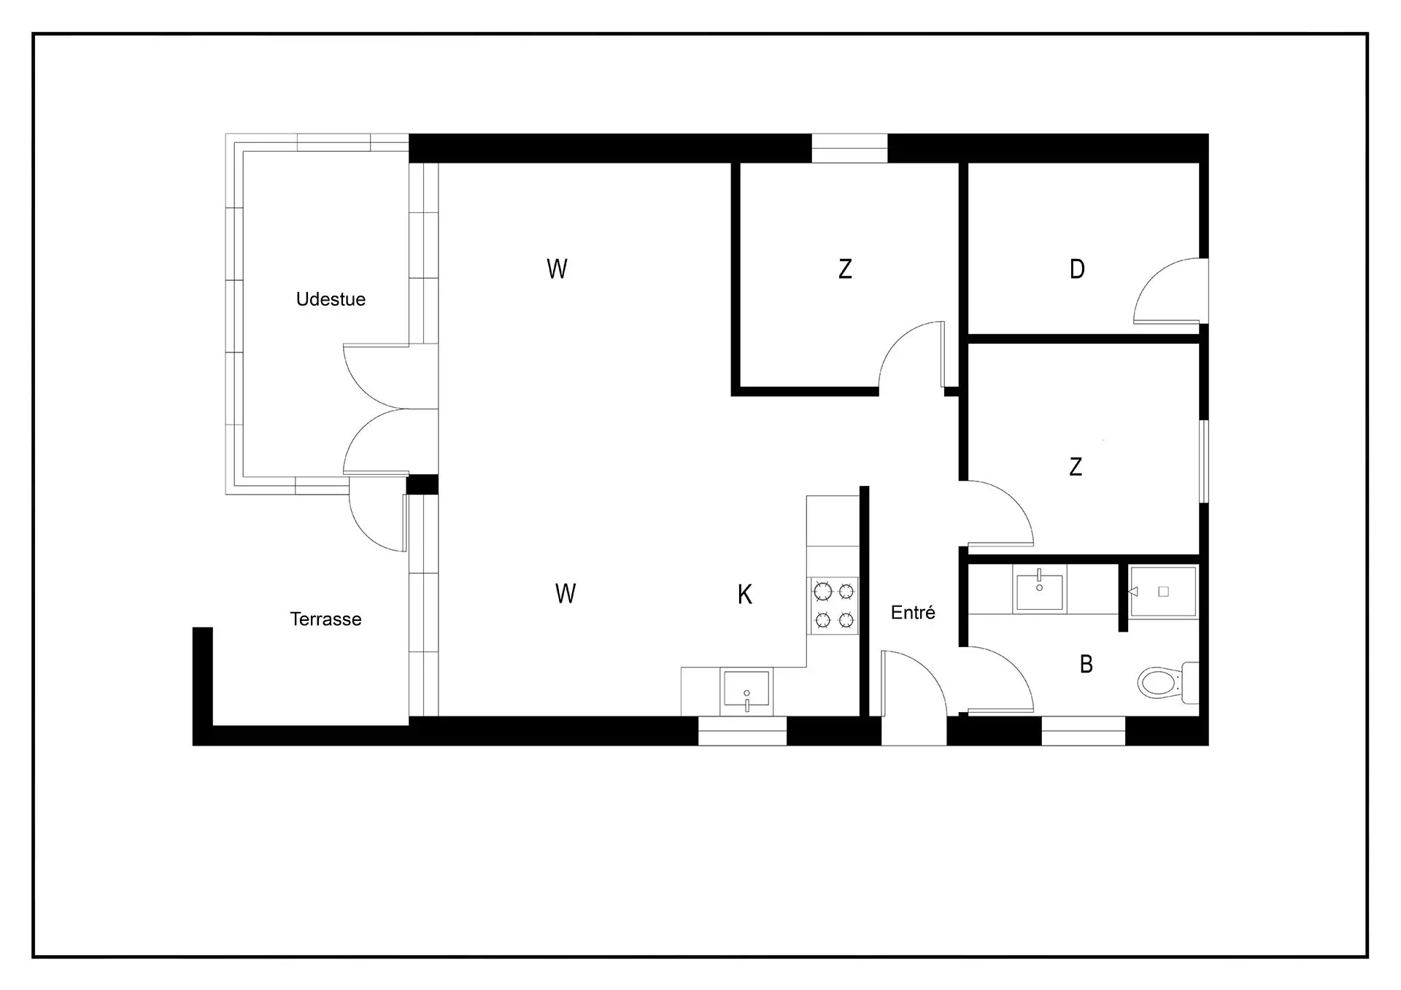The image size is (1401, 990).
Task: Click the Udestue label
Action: pos(331,299)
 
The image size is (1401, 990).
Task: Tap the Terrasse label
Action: pos(325,619)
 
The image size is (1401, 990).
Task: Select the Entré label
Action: pos(913,612)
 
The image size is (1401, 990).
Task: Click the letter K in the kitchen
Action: pos(744,595)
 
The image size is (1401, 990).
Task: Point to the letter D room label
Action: pos(1077,269)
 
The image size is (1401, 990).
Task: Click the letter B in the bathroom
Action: pos(1086,664)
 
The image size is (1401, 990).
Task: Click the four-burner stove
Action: pos(834,606)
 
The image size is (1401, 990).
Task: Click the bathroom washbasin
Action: pos(1040,588)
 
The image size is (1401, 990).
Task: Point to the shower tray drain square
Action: pos(1164,592)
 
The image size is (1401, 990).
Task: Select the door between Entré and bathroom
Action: pos(997,679)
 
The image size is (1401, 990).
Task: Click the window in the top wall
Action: pos(849,148)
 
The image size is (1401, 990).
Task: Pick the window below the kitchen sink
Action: pos(742,730)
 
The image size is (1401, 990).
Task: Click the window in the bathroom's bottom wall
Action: pos(1083,730)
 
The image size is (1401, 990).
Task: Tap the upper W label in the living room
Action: pos(557,269)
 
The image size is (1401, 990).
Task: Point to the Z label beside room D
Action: pos(845,269)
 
